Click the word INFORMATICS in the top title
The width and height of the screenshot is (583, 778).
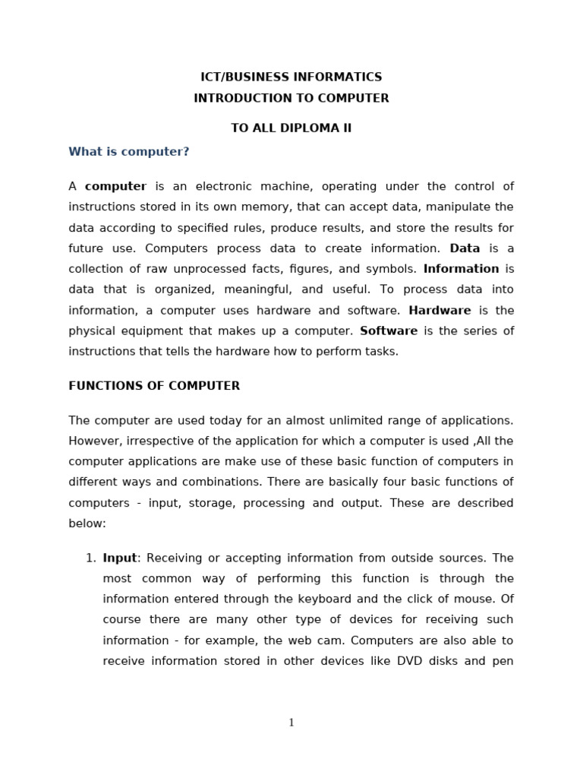(x=339, y=77)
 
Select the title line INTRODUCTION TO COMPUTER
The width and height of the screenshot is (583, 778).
(x=291, y=98)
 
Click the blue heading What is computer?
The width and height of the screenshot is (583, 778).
(x=128, y=152)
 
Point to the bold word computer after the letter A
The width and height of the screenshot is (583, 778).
(x=115, y=186)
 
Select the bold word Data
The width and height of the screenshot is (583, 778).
(x=465, y=248)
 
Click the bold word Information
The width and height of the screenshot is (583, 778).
(x=461, y=269)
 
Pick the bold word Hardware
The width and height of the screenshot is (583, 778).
(x=440, y=310)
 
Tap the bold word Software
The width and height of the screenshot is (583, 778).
(x=389, y=330)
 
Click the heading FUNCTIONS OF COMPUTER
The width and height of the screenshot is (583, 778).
(x=154, y=386)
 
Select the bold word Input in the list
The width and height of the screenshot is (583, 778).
(x=120, y=558)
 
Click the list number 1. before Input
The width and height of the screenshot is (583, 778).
(x=90, y=558)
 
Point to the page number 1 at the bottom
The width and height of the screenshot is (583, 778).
(x=291, y=723)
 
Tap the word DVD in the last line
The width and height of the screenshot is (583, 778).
(x=410, y=661)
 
